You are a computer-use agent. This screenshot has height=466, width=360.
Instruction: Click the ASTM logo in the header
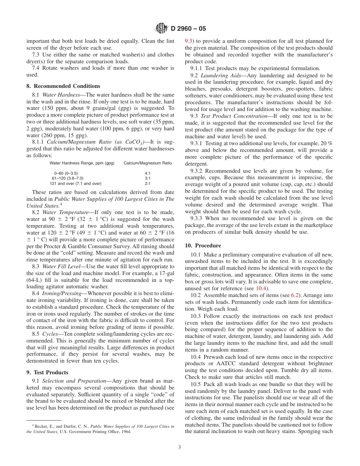click(x=162, y=28)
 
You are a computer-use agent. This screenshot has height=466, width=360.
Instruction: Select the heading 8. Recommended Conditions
click(x=63, y=86)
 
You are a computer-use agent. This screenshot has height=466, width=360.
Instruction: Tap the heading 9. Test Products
click(x=47, y=372)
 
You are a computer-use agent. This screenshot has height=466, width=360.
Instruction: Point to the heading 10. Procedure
click(x=203, y=246)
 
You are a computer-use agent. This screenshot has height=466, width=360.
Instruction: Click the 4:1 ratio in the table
click(x=148, y=173)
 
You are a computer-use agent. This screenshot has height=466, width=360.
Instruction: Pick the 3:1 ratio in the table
click(x=148, y=178)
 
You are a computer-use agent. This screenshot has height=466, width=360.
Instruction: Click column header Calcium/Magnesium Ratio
click(x=147, y=163)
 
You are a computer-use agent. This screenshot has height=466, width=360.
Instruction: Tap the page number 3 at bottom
click(x=180, y=447)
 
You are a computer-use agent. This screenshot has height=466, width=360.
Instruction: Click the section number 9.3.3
click(x=197, y=218)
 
